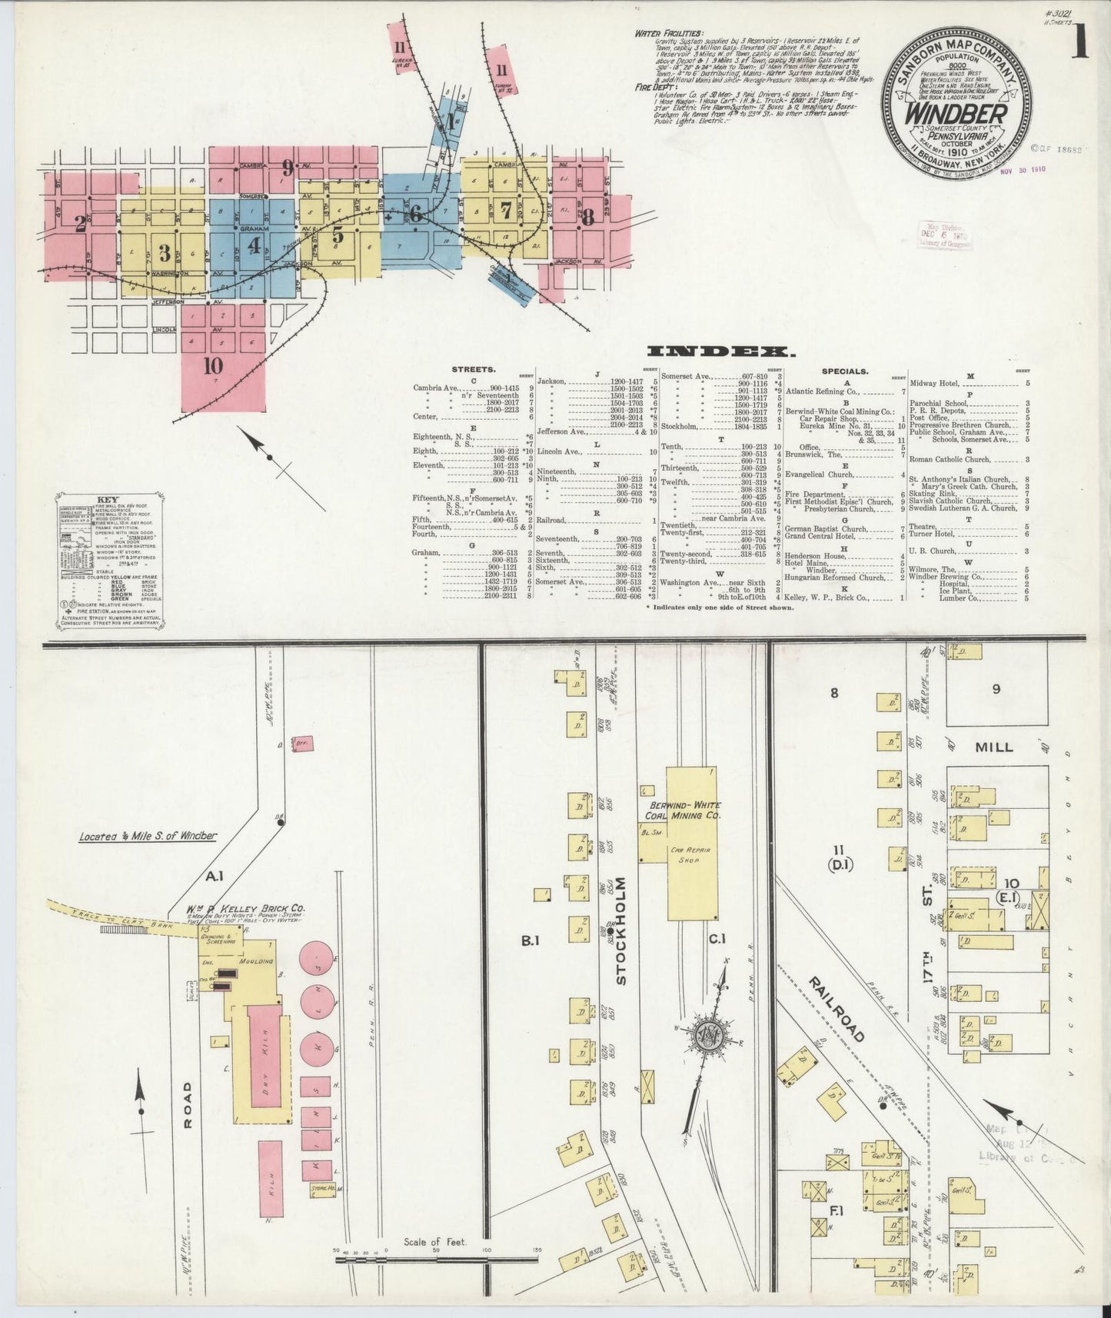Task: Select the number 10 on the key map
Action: [x=213, y=366]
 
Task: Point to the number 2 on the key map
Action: [x=80, y=223]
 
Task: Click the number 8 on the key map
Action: [x=588, y=217]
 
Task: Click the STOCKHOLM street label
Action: [x=621, y=930]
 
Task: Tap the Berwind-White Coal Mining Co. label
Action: [x=683, y=810]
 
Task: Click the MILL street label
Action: [x=993, y=747]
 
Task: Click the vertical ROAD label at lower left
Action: [x=187, y=1105]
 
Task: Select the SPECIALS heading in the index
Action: [x=844, y=371]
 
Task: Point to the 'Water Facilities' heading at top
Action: [x=668, y=33]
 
